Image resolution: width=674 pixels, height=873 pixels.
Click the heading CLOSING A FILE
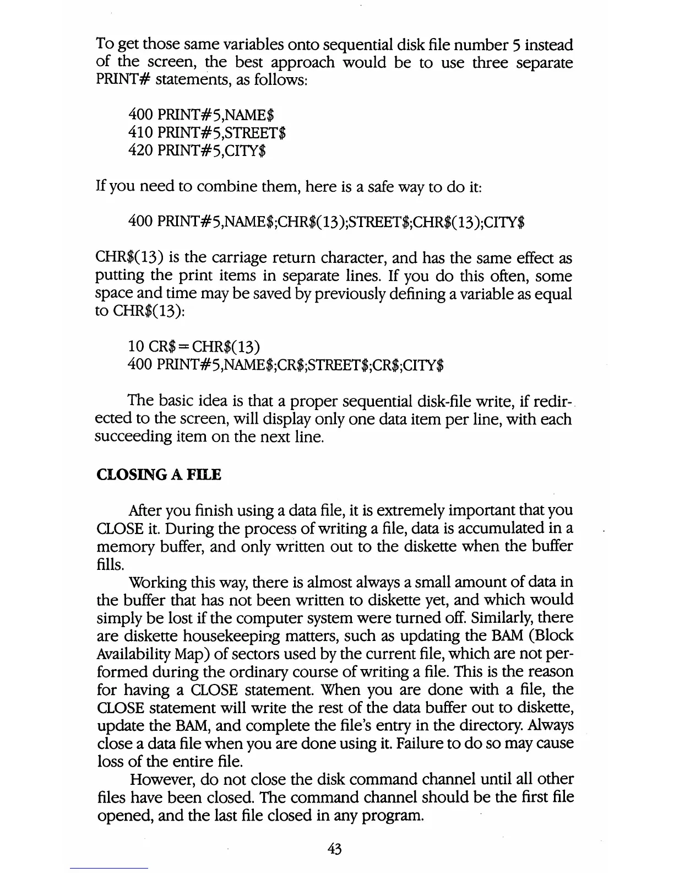(x=159, y=475)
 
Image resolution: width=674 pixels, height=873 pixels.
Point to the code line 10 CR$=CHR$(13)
(x=194, y=346)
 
